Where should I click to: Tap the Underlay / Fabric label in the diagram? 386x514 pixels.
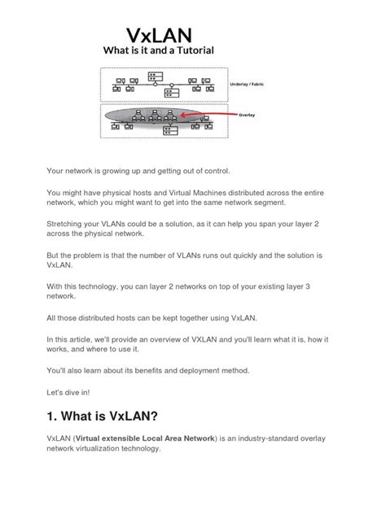[253, 83]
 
